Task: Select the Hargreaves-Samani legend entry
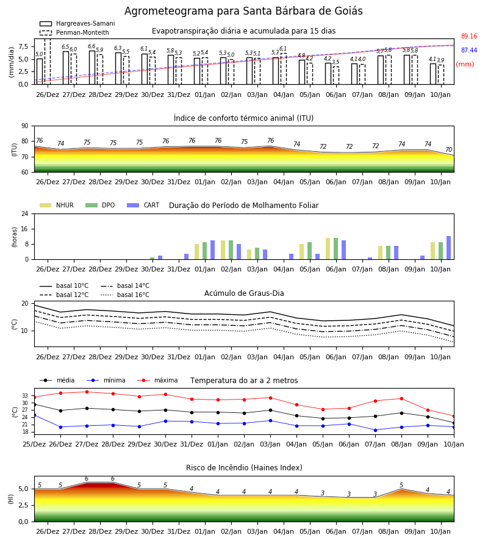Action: coord(77,23)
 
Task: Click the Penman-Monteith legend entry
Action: coord(74,32)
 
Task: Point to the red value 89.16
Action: coord(469,36)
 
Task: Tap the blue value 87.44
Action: coord(469,50)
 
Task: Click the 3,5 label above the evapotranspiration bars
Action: coord(335,62)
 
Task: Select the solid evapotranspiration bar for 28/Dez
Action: coord(92,68)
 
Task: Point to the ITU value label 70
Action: coord(448,149)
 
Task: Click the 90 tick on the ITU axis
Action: coord(25,126)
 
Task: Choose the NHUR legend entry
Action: coord(57,205)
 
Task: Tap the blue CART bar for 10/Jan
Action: coord(448,248)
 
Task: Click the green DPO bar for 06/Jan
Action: coord(335,249)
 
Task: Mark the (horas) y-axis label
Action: coord(15,237)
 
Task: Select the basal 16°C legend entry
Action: coord(125,295)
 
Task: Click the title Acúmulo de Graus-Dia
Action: coord(244,293)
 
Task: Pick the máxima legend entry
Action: coord(157,380)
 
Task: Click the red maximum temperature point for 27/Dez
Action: coord(87,392)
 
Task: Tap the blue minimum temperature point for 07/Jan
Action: coord(376,430)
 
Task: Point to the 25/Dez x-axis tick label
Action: coord(34,444)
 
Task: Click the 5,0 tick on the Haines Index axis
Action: coord(23,489)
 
